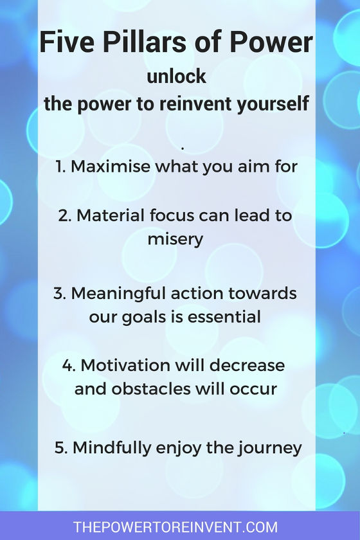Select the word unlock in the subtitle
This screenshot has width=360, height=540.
(176, 76)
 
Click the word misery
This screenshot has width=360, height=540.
(175, 239)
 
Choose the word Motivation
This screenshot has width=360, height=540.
(126, 365)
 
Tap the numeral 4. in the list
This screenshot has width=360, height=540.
(69, 365)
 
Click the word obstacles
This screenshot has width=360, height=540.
(151, 389)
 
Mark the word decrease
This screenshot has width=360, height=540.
(247, 365)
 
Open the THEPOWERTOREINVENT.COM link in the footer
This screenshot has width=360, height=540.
(175, 527)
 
